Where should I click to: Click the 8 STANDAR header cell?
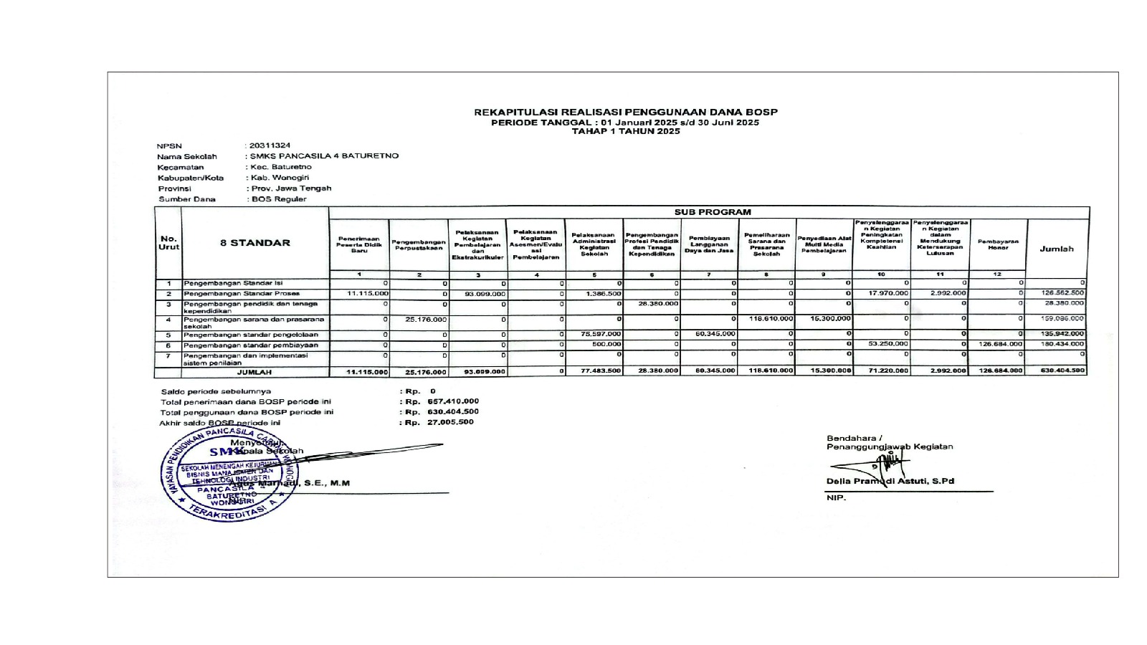click(x=255, y=243)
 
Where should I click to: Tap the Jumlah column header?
click(x=1057, y=249)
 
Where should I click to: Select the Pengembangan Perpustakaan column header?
click(x=419, y=245)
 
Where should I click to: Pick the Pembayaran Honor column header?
click(x=998, y=245)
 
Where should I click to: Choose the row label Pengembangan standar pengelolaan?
click(x=251, y=335)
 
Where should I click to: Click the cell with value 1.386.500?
click(x=603, y=294)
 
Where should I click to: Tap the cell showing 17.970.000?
click(x=888, y=294)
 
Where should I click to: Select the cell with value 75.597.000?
click(x=603, y=334)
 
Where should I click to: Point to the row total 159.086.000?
click(x=1064, y=318)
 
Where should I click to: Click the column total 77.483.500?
click(x=601, y=371)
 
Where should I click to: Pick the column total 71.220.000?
click(x=887, y=371)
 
